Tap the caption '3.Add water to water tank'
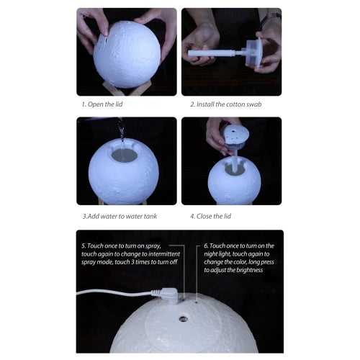click(x=118, y=215)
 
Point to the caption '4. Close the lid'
click(x=212, y=215)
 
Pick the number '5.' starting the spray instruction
click(x=84, y=246)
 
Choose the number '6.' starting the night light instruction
click(x=207, y=246)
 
